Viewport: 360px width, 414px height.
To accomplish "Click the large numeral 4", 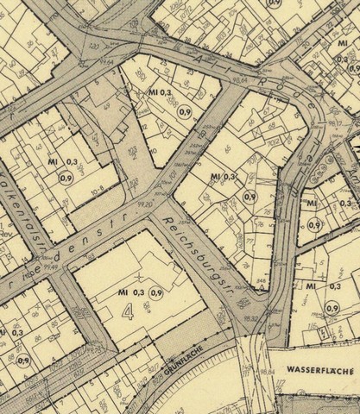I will tap(129, 311).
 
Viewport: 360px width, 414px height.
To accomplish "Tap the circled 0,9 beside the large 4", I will tap(156, 293).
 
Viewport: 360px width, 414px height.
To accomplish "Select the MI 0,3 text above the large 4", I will tap(130, 293).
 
